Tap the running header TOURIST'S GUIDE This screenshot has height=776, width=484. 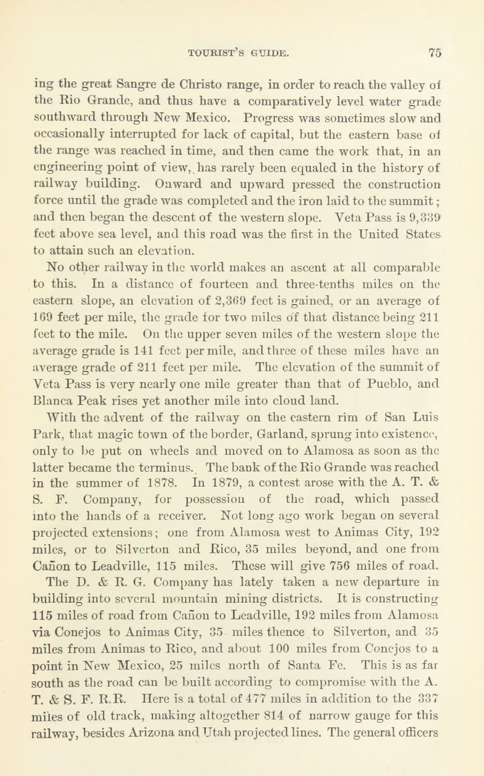(x=239, y=53)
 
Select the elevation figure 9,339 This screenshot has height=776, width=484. (x=424, y=219)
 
